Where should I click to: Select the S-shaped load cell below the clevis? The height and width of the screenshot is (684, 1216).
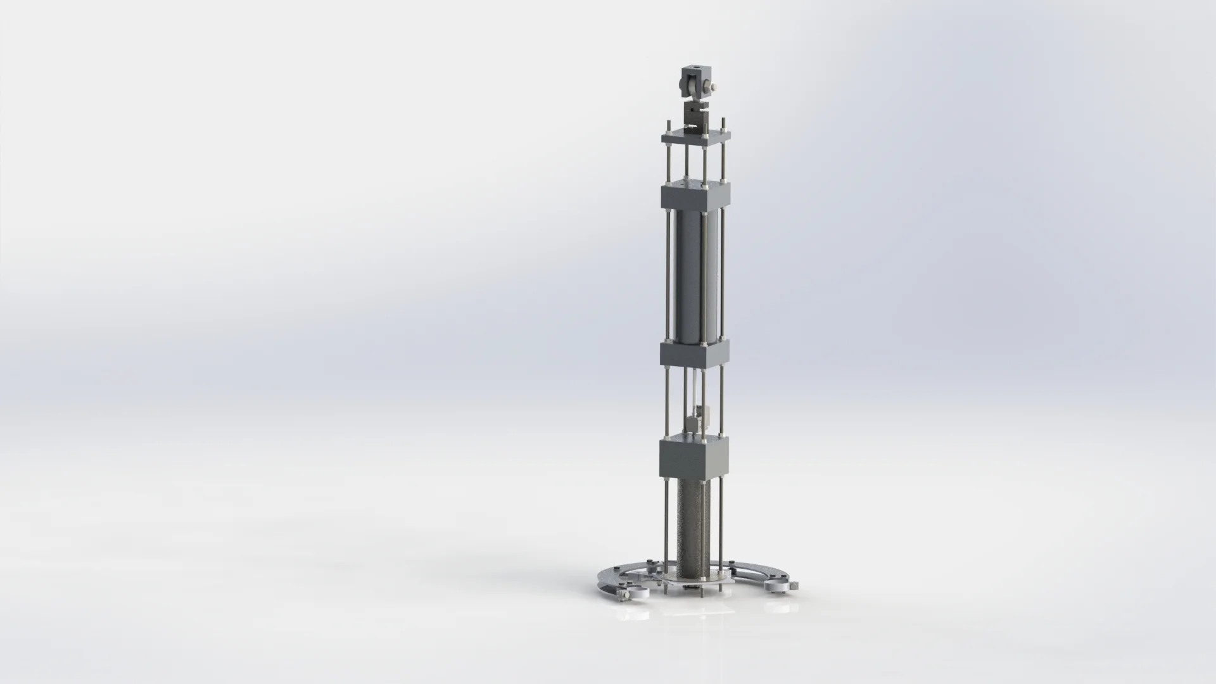(x=694, y=116)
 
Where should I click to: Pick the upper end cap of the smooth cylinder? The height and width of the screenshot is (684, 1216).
(x=695, y=197)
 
